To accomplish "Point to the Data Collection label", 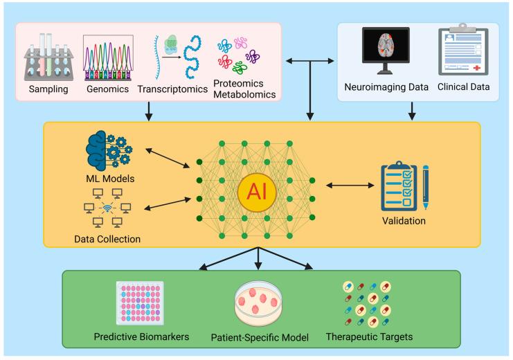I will (x=107, y=239).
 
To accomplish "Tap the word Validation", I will (x=403, y=222).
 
